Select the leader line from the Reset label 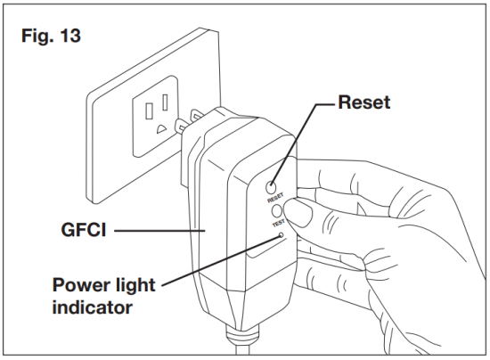pos(308,134)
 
